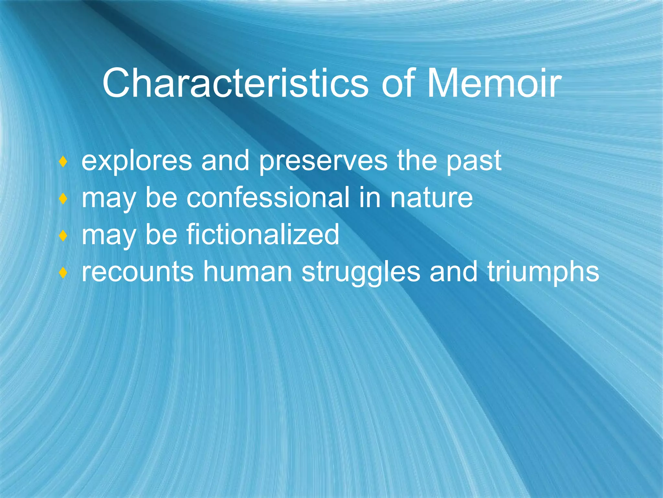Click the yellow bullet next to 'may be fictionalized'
[x=63, y=235]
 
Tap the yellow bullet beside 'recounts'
[x=63, y=273]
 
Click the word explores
[x=137, y=161]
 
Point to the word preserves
[x=323, y=161]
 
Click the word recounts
[x=138, y=272]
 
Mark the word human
[x=248, y=272]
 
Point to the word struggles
[x=361, y=272]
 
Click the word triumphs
[x=543, y=272]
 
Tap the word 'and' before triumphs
[x=453, y=272]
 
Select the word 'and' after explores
[x=225, y=161]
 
